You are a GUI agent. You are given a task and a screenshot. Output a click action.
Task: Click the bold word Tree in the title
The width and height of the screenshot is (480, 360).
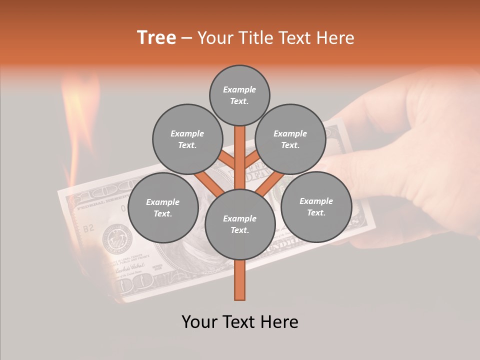(x=156, y=37)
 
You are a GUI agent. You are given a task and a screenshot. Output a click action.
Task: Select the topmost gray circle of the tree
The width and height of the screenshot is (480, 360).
(x=239, y=95)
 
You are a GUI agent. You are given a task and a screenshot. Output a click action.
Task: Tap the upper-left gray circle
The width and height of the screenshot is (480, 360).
(x=187, y=139)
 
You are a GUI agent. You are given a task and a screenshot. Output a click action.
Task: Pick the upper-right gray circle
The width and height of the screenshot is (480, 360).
(x=290, y=139)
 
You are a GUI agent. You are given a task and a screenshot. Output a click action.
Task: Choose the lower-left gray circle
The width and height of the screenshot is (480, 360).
(x=163, y=207)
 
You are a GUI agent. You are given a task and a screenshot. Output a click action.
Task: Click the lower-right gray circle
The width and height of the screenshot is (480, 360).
(x=316, y=206)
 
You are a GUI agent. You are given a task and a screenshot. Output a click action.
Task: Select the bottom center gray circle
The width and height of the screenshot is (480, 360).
(x=240, y=224)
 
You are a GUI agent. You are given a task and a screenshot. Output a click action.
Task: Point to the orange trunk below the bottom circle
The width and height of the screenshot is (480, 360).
(x=239, y=280)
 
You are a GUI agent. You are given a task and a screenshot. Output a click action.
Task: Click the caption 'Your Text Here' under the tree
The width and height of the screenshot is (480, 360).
(x=240, y=322)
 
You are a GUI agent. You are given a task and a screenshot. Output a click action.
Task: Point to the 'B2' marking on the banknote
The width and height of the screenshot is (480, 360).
(x=88, y=228)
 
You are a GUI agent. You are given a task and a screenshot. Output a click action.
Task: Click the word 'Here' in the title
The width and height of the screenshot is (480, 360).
(x=335, y=37)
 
